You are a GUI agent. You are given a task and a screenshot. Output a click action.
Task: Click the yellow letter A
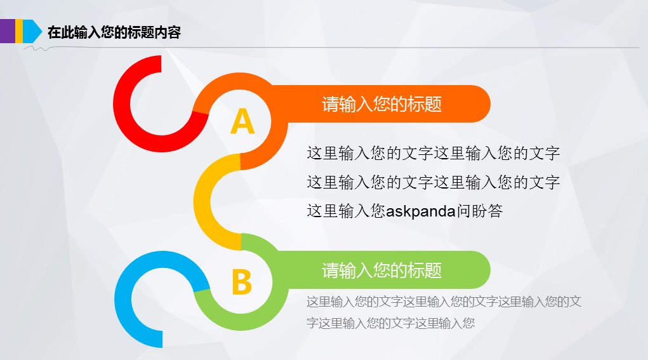242,121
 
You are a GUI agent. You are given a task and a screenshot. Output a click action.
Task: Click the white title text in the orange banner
382,103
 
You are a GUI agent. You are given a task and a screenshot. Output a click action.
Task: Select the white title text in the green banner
382,270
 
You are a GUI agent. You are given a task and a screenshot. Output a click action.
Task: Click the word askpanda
421,211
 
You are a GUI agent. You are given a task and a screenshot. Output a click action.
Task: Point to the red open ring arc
124,124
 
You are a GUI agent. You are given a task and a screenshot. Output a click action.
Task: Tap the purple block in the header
8,31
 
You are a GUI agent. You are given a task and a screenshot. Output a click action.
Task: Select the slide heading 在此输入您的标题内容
114,32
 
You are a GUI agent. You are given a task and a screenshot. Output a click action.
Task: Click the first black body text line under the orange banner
433,154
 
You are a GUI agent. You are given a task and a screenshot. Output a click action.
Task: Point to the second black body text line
433,182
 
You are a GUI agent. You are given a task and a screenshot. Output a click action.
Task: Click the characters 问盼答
480,211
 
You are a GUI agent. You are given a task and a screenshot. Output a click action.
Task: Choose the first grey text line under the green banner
444,302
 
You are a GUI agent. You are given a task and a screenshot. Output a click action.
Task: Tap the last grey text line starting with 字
390,323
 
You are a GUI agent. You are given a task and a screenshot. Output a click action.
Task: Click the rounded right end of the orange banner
482,103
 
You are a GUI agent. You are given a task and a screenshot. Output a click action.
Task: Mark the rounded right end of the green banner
482,270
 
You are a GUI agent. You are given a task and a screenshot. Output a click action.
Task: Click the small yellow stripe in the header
19,31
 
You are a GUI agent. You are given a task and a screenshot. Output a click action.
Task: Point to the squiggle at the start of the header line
37,49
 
